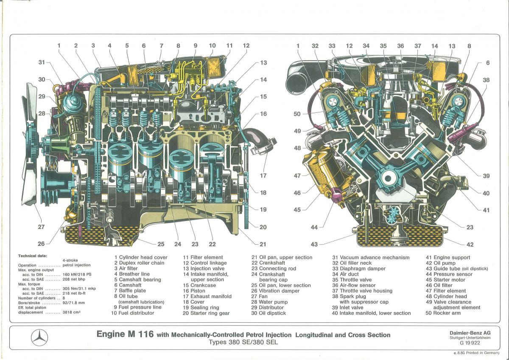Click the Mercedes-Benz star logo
[39, 338]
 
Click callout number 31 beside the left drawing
[42, 62]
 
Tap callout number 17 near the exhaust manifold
[263, 176]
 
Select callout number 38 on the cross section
[486, 80]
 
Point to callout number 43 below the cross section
[314, 244]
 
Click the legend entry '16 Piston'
[194, 291]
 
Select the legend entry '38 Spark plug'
[349, 296]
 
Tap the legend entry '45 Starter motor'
[446, 279]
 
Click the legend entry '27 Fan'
[260, 296]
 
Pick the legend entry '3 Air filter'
[126, 268]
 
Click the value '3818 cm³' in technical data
[72, 313]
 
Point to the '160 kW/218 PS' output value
[77, 274]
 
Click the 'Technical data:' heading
[33, 256]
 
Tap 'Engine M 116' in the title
[125, 334]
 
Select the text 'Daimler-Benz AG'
[470, 333]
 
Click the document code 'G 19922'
[470, 343]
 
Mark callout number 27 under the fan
[41, 227]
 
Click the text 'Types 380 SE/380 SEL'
[243, 342]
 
